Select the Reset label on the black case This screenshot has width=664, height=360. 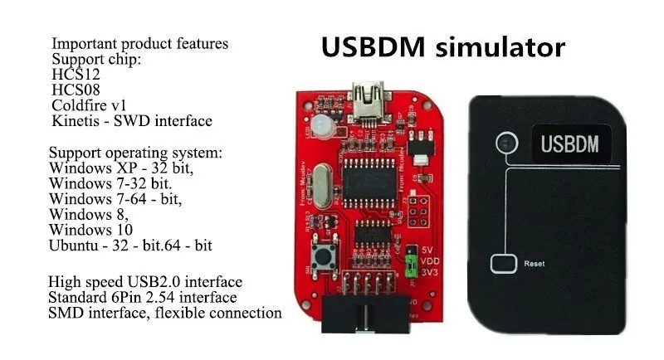pos(533,264)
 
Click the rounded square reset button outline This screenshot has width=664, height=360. pos(504,265)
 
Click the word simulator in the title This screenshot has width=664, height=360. pos(505,47)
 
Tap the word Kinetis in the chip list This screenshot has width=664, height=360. pos(74,121)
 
